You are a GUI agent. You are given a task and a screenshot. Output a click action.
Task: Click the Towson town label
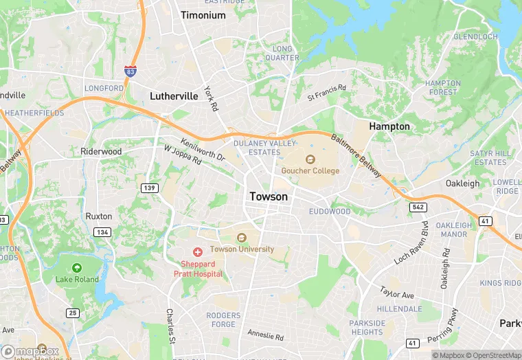pos(269,196)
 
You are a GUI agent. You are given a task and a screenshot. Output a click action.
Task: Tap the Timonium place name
pos(203,15)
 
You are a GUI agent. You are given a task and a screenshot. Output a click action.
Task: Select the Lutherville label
pos(174,96)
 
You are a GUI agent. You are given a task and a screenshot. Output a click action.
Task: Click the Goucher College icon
pos(310,159)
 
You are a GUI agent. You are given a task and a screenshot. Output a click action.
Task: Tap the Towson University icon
pos(241,238)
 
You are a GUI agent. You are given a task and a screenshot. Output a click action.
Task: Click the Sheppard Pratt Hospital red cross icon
pos(198,253)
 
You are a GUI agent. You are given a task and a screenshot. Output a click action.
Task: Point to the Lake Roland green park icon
pos(77,268)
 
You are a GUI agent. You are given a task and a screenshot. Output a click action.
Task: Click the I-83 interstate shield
pos(130,71)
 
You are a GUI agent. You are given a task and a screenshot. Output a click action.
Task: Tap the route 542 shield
pos(419,207)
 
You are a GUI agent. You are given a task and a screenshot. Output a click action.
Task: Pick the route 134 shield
pos(103,232)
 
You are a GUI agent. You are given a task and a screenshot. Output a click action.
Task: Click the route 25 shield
pos(73,313)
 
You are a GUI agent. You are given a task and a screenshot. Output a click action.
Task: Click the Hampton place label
pos(389,126)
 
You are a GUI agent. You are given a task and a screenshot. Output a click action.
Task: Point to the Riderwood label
pos(101,151)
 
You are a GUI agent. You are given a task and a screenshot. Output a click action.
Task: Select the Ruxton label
pos(98,216)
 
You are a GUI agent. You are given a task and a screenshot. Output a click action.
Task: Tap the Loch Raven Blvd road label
pos(411,245)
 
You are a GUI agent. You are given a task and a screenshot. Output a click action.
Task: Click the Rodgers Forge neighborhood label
pos(224,320)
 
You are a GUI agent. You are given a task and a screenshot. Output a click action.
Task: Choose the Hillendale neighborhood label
pos(399,309)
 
